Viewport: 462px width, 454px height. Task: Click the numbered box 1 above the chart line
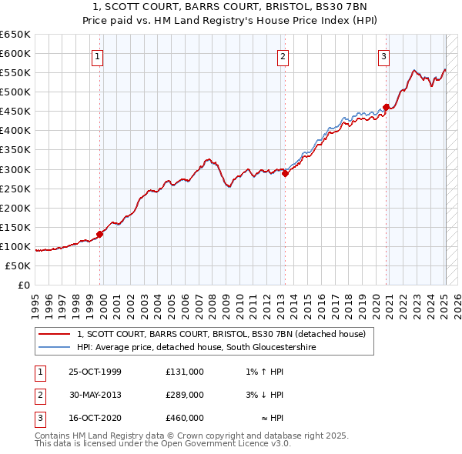pos(99,55)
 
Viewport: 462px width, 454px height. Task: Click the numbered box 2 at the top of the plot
pos(283,55)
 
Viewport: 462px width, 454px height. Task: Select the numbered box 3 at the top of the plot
pos(383,55)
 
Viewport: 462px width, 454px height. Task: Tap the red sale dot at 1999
pos(100,234)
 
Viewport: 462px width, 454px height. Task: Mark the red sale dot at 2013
pos(285,173)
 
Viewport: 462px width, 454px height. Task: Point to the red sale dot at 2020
pos(386,107)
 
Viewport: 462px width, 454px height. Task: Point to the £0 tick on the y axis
pos(23,285)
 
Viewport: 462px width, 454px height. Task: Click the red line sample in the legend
pos(54,335)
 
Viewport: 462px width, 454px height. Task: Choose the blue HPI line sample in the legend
pos(54,348)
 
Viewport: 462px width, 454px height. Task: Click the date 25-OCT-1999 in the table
pos(95,372)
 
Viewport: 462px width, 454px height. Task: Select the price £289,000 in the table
pos(185,395)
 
